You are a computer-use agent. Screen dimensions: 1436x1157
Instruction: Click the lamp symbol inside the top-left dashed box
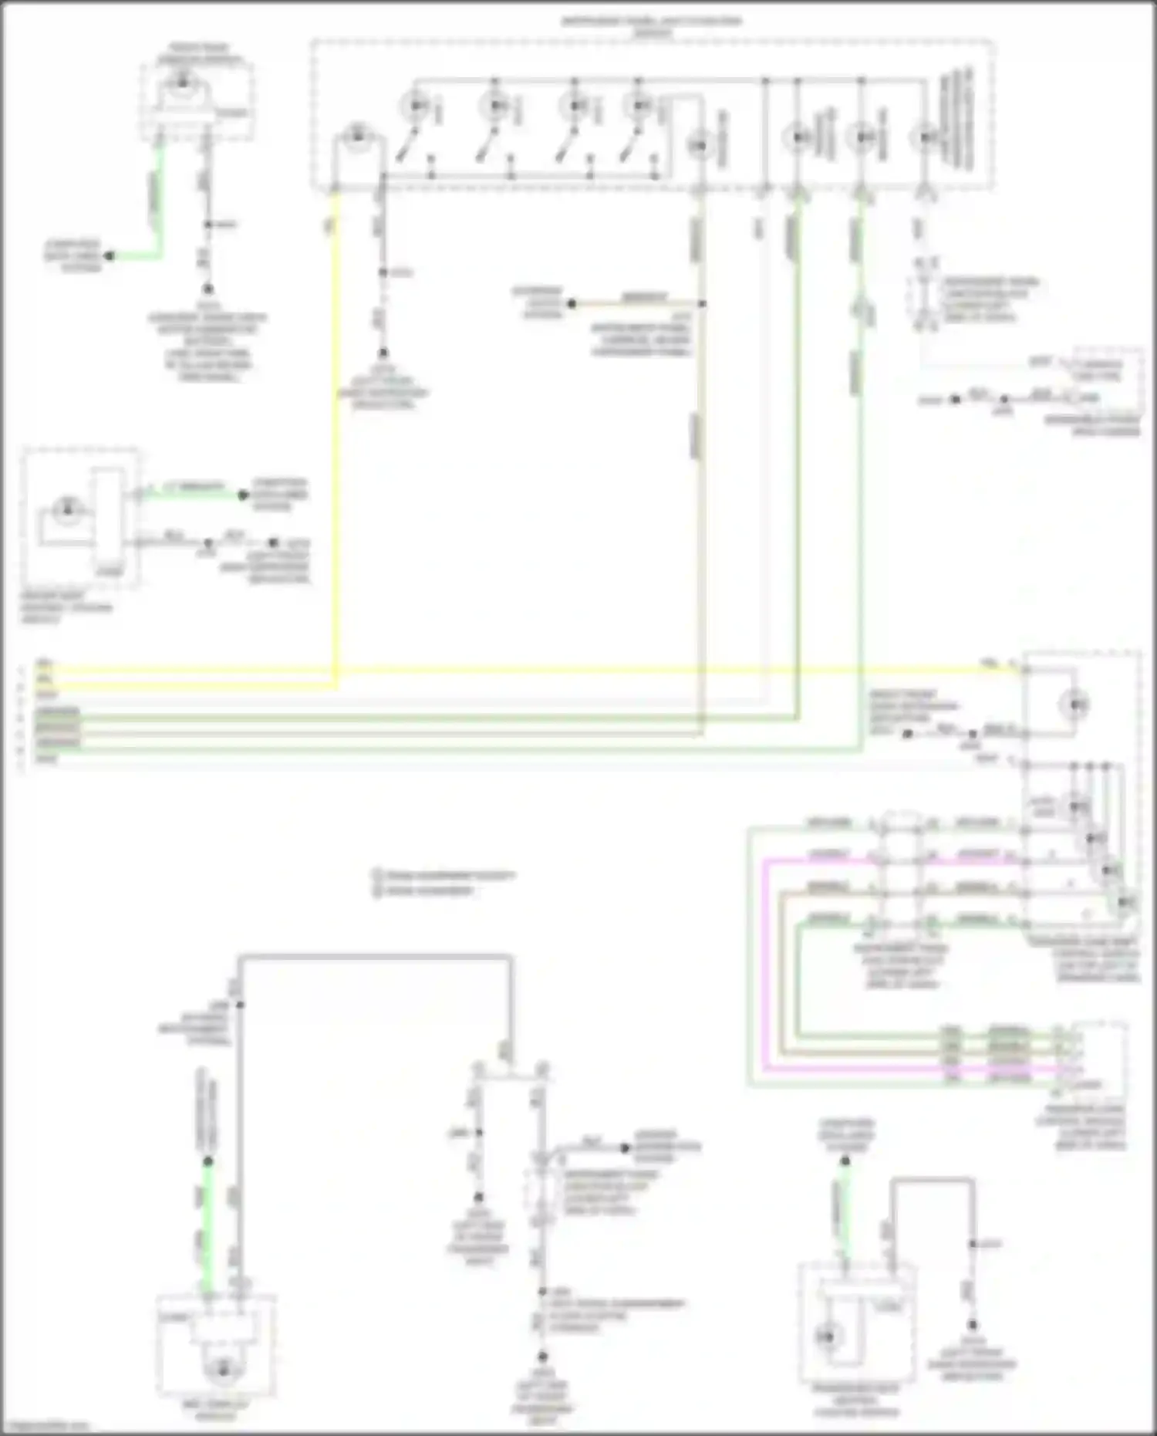coord(183,80)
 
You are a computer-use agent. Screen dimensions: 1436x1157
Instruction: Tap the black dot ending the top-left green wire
coord(110,255)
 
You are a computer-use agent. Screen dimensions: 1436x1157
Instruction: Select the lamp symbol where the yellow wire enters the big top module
coord(356,137)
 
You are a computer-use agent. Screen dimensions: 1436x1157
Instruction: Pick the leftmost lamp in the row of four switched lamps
coord(417,105)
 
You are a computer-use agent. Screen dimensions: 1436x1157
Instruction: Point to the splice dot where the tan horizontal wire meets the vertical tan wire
coord(701,303)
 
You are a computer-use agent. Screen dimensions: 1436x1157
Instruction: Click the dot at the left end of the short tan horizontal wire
coord(572,303)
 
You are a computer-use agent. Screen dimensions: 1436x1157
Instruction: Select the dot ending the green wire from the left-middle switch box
coord(243,495)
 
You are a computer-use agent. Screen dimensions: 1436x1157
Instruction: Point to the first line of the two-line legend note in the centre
coord(444,876)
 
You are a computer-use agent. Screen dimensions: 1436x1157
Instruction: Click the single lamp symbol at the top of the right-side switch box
coord(1075,704)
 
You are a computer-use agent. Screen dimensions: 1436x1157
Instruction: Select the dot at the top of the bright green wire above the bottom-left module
coord(207,1161)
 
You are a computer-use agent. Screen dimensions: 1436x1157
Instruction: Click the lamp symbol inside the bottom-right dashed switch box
coord(828,1336)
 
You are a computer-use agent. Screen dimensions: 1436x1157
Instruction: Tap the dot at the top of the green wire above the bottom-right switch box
coord(846,1160)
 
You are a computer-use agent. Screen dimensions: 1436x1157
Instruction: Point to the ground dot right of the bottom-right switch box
coord(973,1324)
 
